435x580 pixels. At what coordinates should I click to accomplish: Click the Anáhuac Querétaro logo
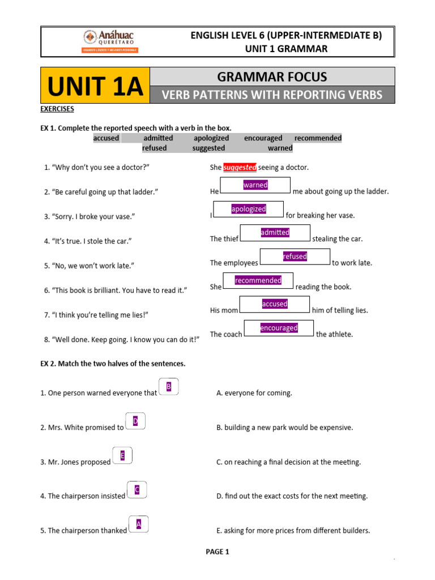point(110,41)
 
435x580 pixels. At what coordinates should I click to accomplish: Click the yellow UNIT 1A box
point(95,86)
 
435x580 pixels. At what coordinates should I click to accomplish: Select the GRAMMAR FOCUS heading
point(272,76)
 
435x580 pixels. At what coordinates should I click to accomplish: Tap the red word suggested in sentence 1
point(240,167)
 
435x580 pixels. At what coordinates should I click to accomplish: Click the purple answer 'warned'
point(255,185)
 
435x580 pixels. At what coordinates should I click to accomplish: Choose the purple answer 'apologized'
point(249,209)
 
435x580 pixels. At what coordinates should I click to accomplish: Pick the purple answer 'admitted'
point(275,232)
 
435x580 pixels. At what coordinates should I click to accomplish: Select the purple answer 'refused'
point(295,257)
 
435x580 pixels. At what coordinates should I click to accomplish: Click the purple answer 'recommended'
point(258,280)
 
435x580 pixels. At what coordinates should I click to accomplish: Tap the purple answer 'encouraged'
point(279,328)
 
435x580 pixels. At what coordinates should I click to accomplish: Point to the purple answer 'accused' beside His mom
point(275,304)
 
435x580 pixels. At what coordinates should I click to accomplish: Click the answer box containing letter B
point(169,386)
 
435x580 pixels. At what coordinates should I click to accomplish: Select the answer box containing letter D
point(135,421)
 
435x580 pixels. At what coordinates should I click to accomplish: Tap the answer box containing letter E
point(122,455)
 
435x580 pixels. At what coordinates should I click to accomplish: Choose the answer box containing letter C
point(137,489)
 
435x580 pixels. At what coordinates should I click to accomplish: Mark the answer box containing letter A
point(139,524)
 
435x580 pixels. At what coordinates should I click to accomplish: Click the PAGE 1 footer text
point(217,552)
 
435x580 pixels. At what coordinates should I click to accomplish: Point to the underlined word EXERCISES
point(57,109)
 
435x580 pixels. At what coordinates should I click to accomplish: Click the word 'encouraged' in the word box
point(263,138)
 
